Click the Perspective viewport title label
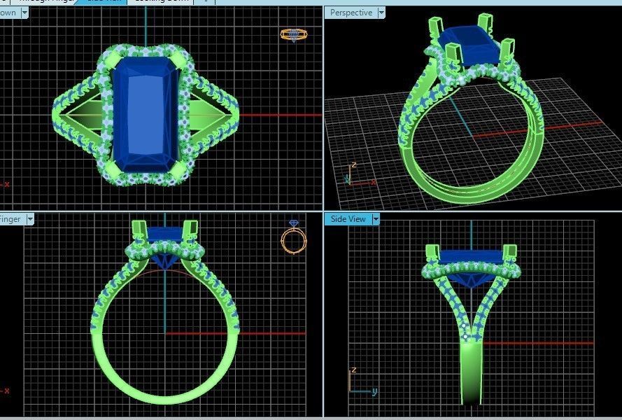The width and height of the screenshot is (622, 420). [x=351, y=13]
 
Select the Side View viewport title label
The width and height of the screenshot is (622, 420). [x=348, y=219]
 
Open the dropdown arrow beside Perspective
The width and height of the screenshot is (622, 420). [x=381, y=13]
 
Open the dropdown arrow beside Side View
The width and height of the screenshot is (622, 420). [x=376, y=219]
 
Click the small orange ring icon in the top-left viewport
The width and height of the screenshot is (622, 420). [x=293, y=34]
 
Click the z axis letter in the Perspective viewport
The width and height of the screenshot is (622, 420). [x=354, y=165]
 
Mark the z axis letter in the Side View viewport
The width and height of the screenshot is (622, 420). [x=354, y=370]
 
